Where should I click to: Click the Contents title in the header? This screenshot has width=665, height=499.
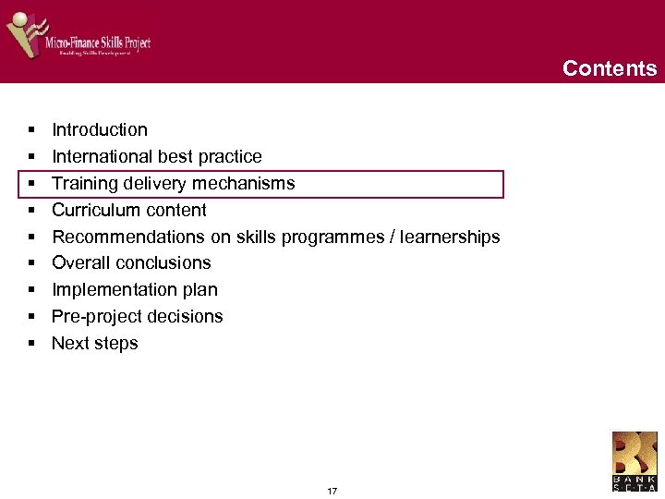[x=610, y=68]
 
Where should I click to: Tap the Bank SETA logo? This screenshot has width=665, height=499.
[x=635, y=461]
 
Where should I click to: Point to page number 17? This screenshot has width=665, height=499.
[x=332, y=491]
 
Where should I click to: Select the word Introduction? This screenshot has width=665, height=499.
[x=100, y=130]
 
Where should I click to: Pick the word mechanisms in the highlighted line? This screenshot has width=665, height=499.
[x=250, y=184]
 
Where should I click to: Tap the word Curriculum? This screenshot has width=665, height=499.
[x=91, y=211]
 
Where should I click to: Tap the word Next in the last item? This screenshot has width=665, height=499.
[x=69, y=344]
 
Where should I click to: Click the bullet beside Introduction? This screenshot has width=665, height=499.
[x=31, y=130]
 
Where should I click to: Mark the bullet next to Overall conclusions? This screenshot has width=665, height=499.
[x=31, y=263]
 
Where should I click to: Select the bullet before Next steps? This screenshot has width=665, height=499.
[x=31, y=344]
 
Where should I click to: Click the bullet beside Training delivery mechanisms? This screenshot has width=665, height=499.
[x=31, y=184]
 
